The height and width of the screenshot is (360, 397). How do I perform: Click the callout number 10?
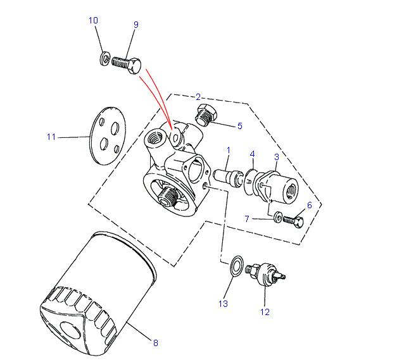click(x=93, y=21)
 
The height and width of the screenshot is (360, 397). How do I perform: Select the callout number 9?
click(x=135, y=25)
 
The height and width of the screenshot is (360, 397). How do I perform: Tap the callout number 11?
click(x=52, y=137)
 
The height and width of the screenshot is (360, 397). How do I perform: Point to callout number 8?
click(x=155, y=343)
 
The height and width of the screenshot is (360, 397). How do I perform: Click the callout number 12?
click(x=264, y=311)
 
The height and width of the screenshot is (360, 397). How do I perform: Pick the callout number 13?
click(x=223, y=304)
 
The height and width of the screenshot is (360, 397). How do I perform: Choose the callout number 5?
click(x=239, y=126)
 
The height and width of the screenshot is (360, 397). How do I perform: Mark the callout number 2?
click(x=198, y=97)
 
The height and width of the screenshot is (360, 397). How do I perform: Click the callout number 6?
click(x=309, y=206)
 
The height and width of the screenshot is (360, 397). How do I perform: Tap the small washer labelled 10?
click(x=104, y=59)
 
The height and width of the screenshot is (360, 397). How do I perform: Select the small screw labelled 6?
click(x=294, y=221)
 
